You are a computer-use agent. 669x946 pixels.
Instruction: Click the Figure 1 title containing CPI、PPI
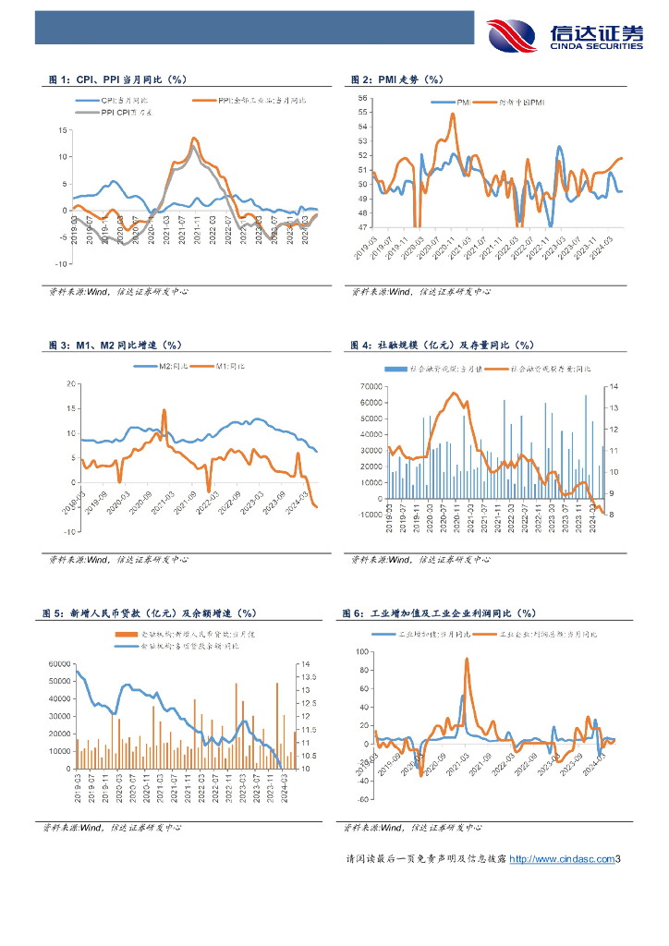click(x=125, y=80)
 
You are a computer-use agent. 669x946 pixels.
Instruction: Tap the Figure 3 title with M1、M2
click(x=120, y=345)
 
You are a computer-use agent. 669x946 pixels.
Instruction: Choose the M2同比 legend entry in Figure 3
click(x=166, y=367)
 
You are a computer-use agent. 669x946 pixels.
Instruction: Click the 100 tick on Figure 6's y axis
click(x=363, y=651)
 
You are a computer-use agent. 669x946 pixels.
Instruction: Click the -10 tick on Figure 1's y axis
click(x=63, y=263)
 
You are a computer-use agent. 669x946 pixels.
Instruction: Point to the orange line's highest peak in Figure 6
click(x=467, y=660)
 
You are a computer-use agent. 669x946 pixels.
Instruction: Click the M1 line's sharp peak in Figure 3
click(x=164, y=410)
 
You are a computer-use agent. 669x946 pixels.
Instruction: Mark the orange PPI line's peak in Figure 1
click(x=194, y=139)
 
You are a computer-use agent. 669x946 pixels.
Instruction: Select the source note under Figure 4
click(x=421, y=559)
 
